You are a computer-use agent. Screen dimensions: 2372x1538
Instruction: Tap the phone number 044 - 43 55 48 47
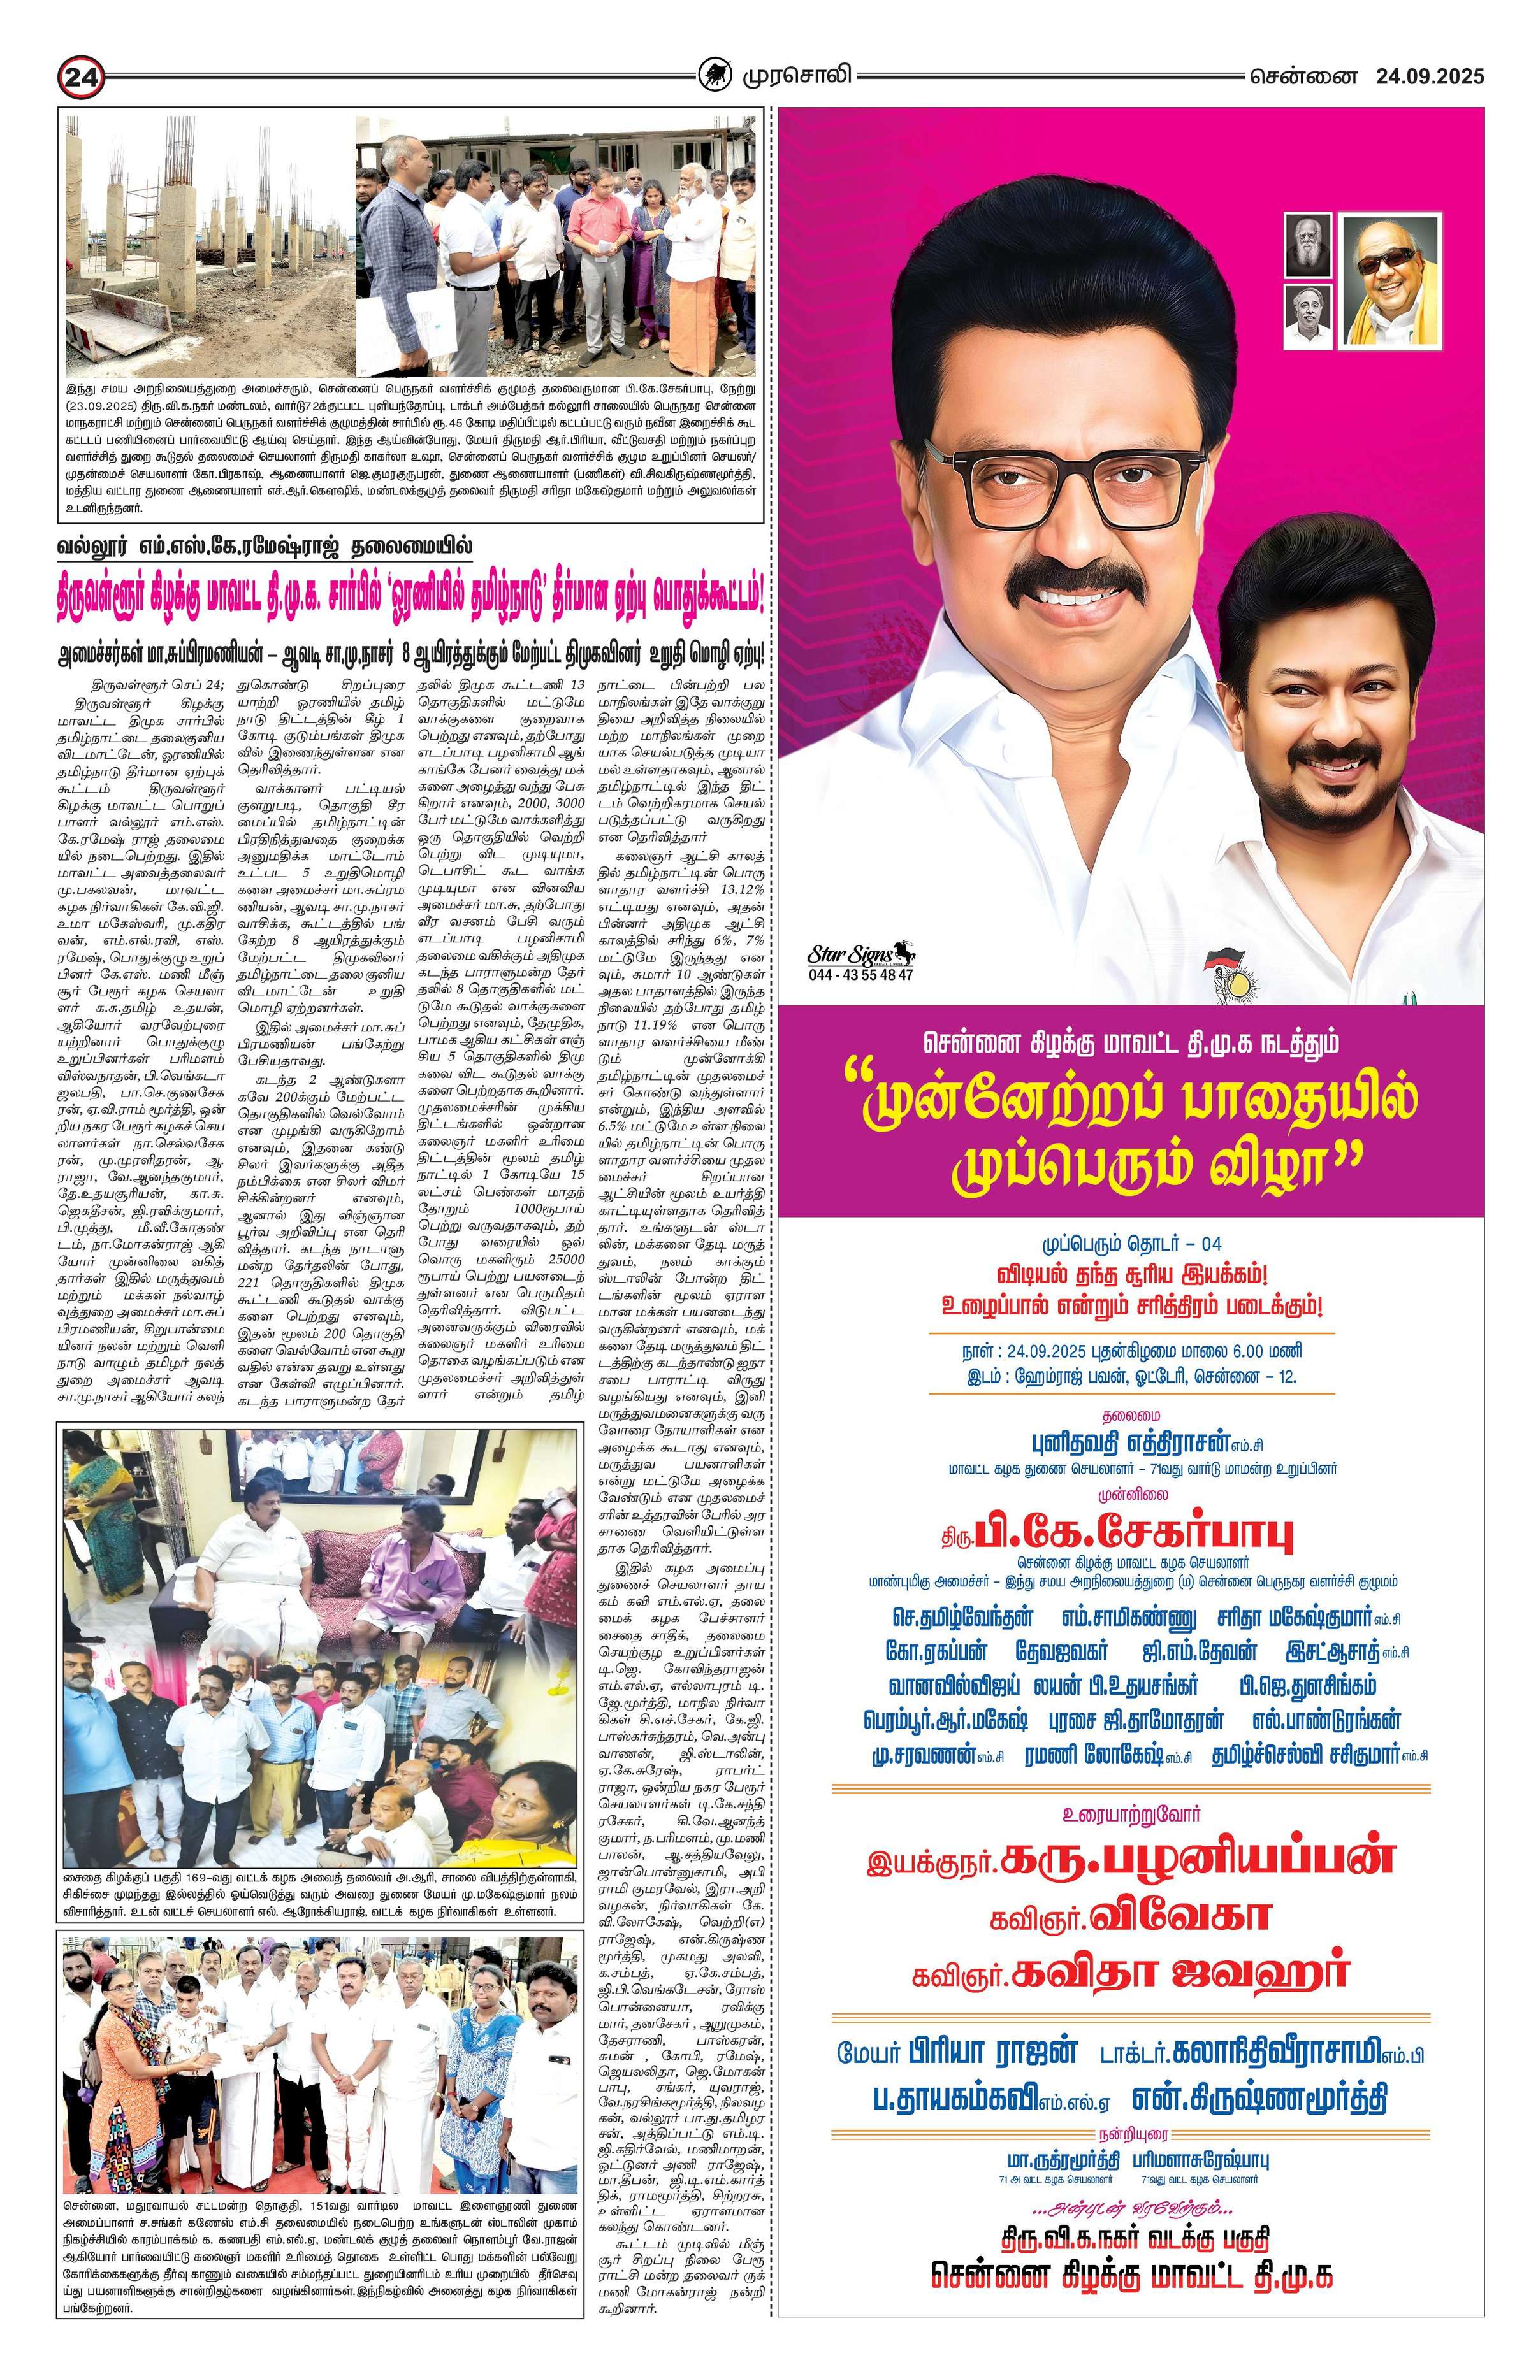(861, 975)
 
